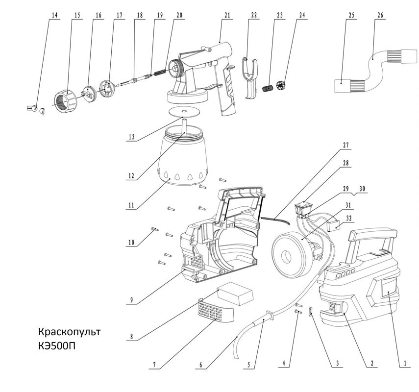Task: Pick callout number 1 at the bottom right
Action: click(405, 364)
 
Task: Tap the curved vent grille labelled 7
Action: click(215, 312)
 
